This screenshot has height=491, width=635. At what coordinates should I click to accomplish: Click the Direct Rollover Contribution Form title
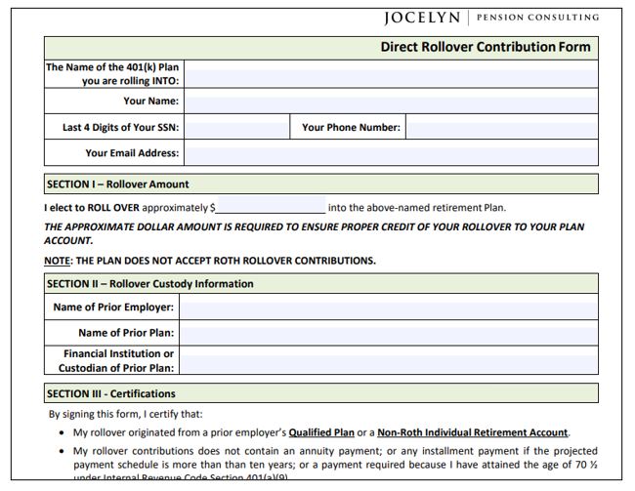(x=485, y=47)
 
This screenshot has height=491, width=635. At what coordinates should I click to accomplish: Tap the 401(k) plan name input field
(x=390, y=73)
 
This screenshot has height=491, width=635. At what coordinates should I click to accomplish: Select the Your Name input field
(x=390, y=101)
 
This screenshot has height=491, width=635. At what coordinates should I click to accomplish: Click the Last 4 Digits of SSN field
(x=236, y=127)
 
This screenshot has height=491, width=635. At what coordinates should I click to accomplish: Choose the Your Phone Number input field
(x=501, y=127)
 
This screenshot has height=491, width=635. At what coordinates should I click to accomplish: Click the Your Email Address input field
(x=390, y=153)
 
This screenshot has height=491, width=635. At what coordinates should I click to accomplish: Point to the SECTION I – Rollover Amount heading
(x=117, y=184)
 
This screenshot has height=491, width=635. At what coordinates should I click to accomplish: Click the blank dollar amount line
(x=271, y=208)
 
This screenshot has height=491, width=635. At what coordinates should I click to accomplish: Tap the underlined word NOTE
(x=57, y=261)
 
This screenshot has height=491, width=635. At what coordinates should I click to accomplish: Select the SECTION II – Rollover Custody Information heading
(x=149, y=284)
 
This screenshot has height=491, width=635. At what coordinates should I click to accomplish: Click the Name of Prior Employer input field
(x=388, y=307)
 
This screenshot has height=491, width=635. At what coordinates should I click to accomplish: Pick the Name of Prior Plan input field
(x=388, y=333)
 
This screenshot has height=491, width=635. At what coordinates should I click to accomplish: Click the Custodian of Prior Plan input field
(x=388, y=360)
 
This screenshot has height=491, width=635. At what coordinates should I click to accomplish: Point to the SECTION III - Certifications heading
(x=110, y=394)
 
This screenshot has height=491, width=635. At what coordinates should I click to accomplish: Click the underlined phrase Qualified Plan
(x=321, y=432)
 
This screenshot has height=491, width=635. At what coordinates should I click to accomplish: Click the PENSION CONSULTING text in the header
(x=538, y=18)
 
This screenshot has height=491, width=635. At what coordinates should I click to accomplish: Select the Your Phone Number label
(x=351, y=127)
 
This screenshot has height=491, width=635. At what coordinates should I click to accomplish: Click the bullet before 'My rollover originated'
(x=63, y=432)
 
